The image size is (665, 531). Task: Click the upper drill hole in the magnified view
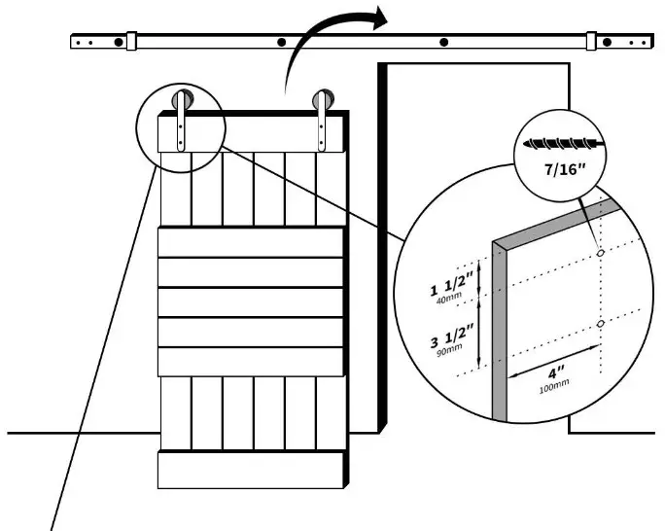click(x=600, y=253)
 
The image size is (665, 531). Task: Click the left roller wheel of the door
click(x=182, y=100)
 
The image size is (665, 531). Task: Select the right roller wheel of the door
click(x=322, y=100)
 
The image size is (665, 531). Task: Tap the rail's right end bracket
click(x=591, y=42)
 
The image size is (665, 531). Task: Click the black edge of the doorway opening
click(x=383, y=243)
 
